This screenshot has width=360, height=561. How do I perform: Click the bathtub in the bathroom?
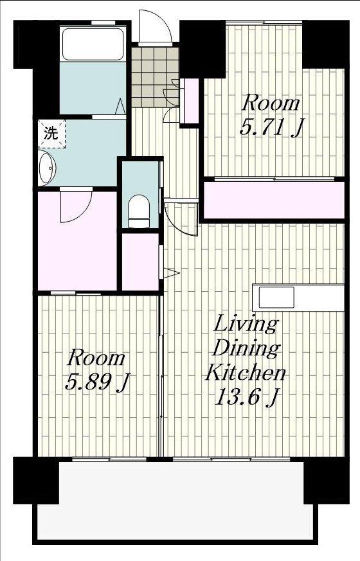[93, 44]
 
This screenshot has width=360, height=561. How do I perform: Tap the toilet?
[139, 211]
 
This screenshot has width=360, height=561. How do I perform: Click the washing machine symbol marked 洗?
[51, 134]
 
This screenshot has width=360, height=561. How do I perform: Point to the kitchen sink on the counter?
[276, 298]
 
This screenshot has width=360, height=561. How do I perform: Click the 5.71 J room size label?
[271, 128]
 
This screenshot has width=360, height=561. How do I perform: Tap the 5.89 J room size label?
[97, 383]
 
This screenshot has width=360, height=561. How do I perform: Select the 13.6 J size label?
[247, 397]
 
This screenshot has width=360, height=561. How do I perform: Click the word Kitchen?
[246, 373]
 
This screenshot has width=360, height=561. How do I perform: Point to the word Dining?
[246, 348]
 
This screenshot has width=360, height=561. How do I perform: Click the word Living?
[246, 325]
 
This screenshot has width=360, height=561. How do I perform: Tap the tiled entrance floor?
[154, 77]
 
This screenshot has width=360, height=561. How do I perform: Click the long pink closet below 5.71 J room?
[274, 200]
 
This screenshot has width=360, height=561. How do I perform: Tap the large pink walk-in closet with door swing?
[77, 241]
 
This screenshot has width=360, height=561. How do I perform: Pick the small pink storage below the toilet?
[140, 262]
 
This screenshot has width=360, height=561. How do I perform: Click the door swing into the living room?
[181, 218]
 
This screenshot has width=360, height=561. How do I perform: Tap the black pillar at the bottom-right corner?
[326, 481]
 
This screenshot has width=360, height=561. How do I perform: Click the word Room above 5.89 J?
[96, 359]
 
